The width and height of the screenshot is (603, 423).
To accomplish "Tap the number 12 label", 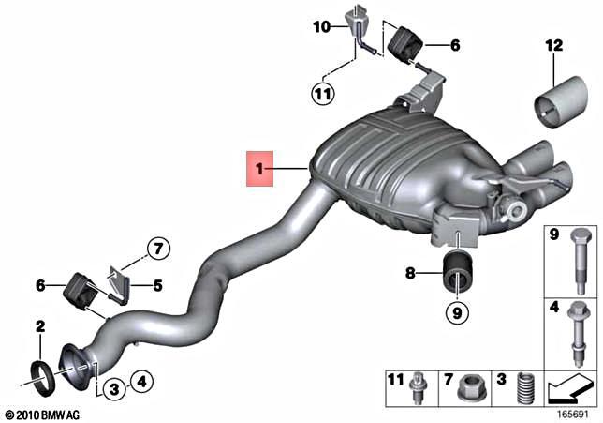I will pos(554,46).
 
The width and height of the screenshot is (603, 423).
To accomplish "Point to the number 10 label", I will pos(321,27).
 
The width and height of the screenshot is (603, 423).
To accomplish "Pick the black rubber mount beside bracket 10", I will pos(408,42).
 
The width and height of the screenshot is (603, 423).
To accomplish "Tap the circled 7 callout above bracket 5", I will pos(158,249).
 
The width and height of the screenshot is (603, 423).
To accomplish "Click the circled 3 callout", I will pos(111,387).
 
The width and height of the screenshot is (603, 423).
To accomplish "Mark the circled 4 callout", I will pos(140,381).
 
